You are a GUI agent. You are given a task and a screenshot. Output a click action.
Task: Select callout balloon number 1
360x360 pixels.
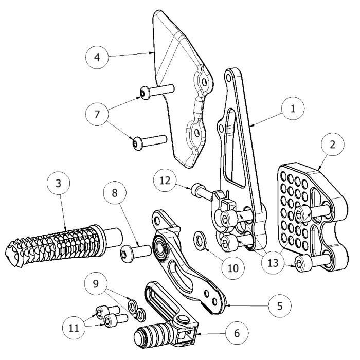(292, 109)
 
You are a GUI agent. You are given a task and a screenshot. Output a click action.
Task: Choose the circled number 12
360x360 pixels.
(166, 182)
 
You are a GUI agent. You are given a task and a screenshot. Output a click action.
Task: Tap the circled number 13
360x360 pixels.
(277, 263)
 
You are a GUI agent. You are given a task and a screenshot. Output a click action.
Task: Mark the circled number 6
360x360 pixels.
(236, 333)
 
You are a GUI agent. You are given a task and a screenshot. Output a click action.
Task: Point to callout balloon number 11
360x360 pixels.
(75, 327)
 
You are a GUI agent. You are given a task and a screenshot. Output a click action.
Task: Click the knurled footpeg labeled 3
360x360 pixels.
(57, 244)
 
